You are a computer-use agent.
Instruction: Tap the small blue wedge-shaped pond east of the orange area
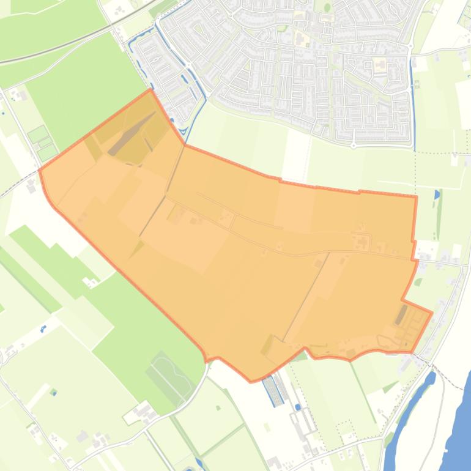click(436, 195)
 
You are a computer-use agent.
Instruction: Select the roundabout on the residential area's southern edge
click(354, 145)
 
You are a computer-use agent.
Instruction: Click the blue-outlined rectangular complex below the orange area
click(273, 390)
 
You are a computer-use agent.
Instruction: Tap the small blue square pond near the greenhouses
click(297, 407)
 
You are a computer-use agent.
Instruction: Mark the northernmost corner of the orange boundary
click(150, 90)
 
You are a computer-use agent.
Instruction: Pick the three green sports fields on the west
click(43, 142)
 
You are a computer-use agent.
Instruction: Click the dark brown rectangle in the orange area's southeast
click(401, 315)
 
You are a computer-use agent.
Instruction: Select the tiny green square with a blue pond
click(53, 391)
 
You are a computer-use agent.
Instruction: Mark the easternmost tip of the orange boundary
click(432, 313)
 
